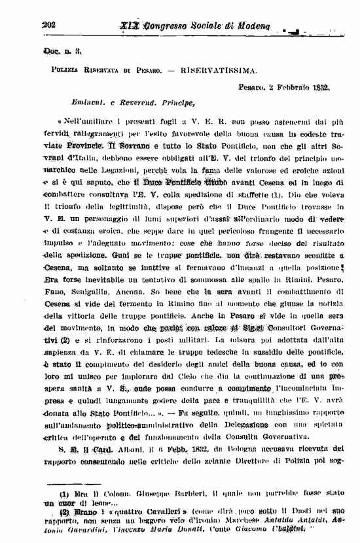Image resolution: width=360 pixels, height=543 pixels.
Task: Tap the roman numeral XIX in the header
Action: [x=131, y=25]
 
